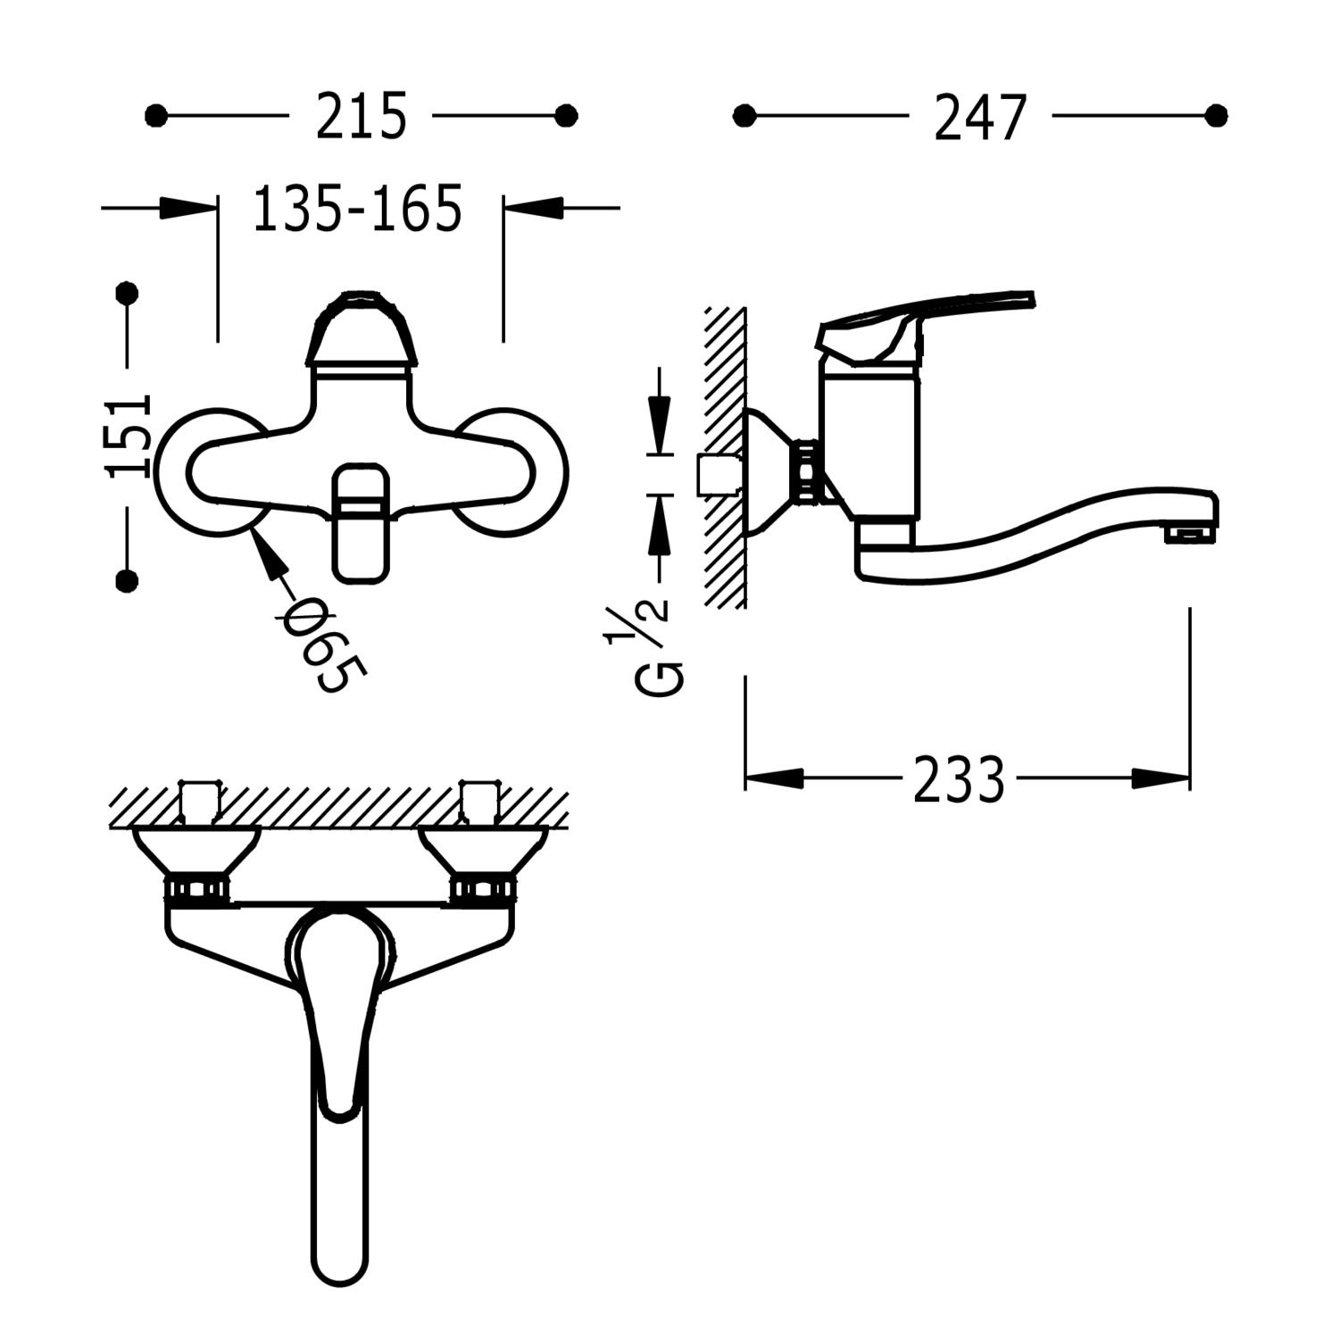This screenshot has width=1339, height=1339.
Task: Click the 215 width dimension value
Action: pyautogui.click(x=361, y=116)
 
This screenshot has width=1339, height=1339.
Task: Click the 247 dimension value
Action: pyautogui.click(x=980, y=117)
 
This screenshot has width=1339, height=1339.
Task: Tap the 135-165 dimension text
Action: pyautogui.click(x=358, y=209)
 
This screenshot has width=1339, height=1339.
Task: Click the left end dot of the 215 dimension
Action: pyautogui.click(x=155, y=116)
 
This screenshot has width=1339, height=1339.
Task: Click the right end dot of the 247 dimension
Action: pyautogui.click(x=1216, y=116)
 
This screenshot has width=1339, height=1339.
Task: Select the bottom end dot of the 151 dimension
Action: pyautogui.click(x=129, y=581)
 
